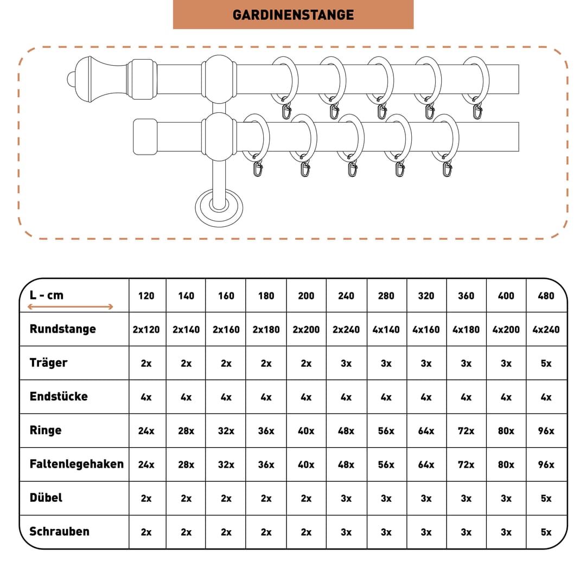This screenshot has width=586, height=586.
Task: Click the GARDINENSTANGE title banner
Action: coord(293,15)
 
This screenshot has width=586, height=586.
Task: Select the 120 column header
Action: coord(146,296)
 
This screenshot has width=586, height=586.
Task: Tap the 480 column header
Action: coord(546,296)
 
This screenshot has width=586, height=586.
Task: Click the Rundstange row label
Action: coord(63,329)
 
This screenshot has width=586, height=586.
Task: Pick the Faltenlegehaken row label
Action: coord(77,464)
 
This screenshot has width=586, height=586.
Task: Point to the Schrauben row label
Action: coord(60,531)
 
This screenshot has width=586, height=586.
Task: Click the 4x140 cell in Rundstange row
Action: coord(386,330)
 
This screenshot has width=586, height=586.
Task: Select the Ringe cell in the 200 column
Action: coord(306,431)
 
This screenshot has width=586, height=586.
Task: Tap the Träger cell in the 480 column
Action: coord(546,363)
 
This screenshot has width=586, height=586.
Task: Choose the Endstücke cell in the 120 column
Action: coord(146,397)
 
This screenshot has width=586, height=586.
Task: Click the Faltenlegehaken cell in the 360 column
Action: coord(466,464)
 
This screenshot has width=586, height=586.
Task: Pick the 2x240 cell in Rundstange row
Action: coord(346,330)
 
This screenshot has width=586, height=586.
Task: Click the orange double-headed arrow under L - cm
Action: coord(70,307)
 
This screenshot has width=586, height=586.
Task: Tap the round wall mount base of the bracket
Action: coord(219,208)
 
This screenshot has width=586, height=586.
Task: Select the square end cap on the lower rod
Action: coord(145,137)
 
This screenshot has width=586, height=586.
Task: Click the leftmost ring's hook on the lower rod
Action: coord(258,169)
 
